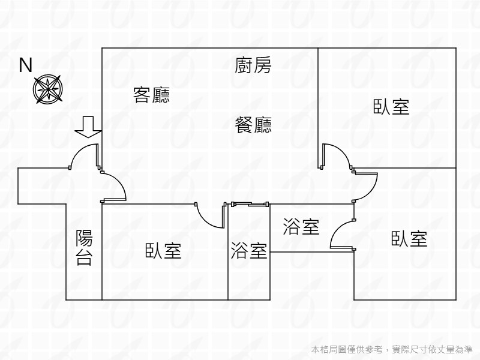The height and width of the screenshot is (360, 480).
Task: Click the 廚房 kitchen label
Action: point(253,65)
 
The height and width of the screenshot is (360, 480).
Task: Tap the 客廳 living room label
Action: point(151,95)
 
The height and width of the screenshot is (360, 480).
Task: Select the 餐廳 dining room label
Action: point(253,125)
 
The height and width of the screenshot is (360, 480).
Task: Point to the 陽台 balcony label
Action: point(84,248)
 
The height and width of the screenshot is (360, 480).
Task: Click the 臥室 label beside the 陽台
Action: point(163,250)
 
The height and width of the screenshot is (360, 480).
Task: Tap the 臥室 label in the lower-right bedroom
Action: point(409,239)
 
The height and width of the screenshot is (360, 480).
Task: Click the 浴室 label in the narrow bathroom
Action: point(249,250)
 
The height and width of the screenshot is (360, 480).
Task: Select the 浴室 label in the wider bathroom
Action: point(301,227)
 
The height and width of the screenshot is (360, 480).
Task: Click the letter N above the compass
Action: point(26,65)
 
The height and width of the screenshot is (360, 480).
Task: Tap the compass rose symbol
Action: point(47,88)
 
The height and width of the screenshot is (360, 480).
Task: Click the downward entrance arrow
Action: point(88,127)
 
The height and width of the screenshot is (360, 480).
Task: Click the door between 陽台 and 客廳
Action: point(114,186)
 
